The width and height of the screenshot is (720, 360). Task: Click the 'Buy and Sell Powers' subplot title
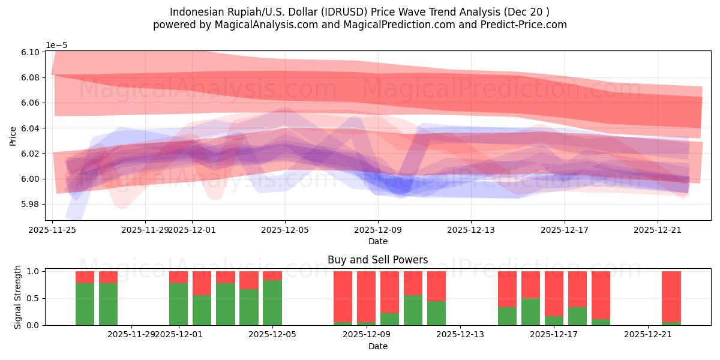tap(377, 260)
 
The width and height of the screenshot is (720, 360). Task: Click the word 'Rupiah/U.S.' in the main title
tap(241, 12)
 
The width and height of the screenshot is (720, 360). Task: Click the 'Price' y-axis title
tap(13, 136)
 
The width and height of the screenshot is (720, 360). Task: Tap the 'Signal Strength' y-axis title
tap(17, 298)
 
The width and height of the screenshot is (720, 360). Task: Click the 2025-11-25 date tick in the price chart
tap(53, 229)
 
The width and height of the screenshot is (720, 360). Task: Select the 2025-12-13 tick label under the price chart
tap(471, 229)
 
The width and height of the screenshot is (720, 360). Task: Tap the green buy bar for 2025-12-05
tap(272, 302)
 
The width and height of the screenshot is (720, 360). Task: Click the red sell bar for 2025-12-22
tap(671, 296)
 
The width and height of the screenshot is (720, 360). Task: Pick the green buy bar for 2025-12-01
tap(179, 304)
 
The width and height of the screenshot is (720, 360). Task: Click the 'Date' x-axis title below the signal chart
tap(377, 346)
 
